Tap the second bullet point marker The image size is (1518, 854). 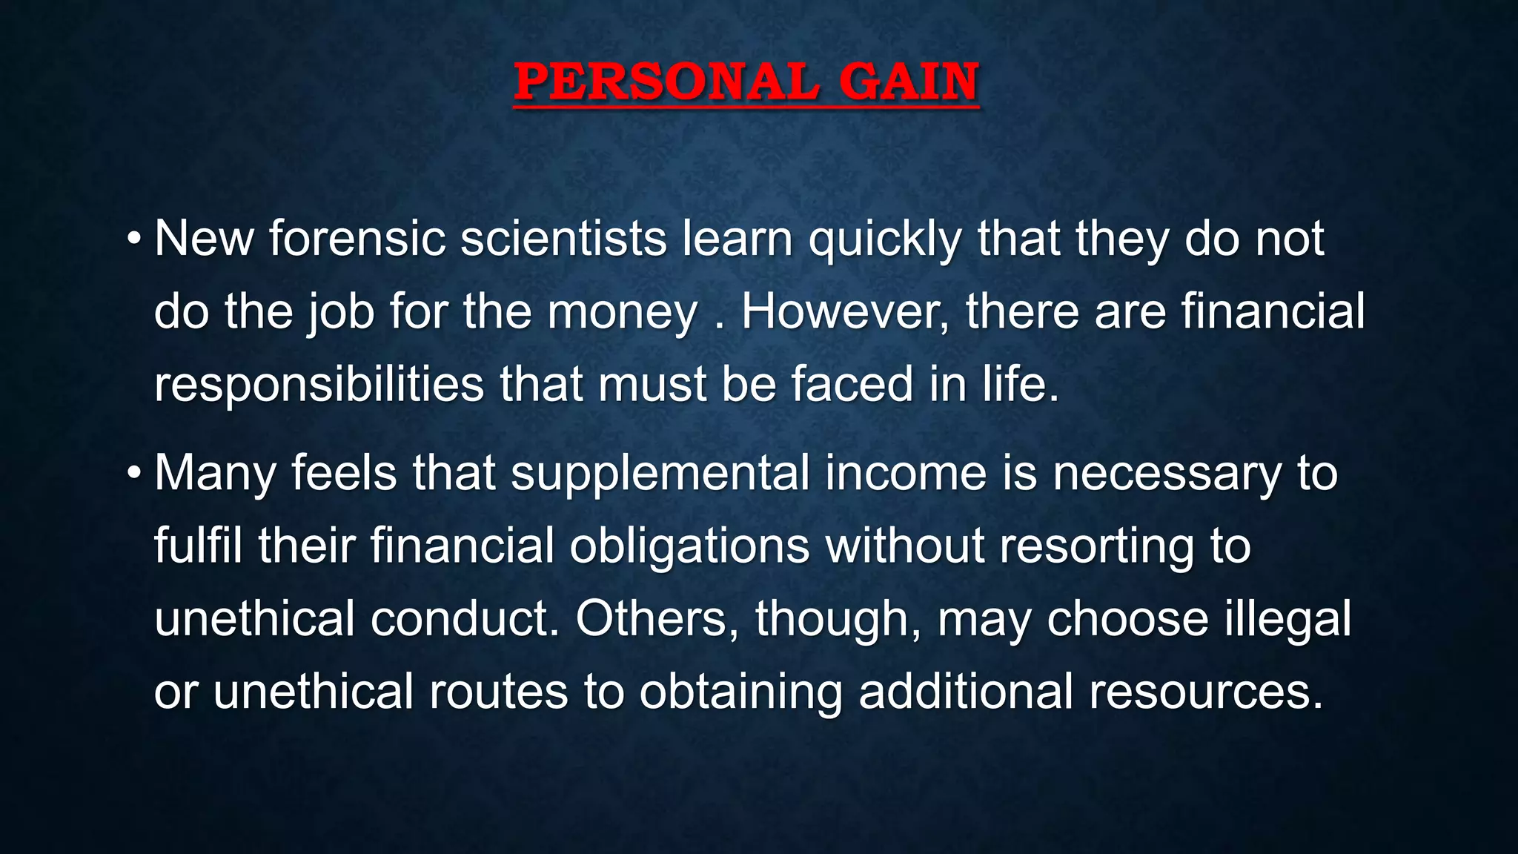point(133,473)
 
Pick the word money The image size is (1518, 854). point(623,313)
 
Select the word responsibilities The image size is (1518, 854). point(319,385)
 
